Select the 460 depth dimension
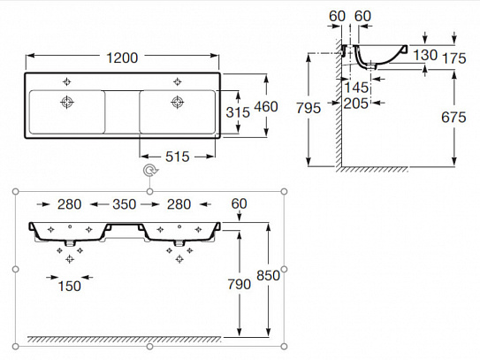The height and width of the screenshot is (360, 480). tap(266, 107)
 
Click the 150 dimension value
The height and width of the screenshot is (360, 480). tap(69, 286)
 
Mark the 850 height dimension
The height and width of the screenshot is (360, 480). tap(268, 275)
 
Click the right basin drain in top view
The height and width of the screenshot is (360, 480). tap(175, 103)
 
